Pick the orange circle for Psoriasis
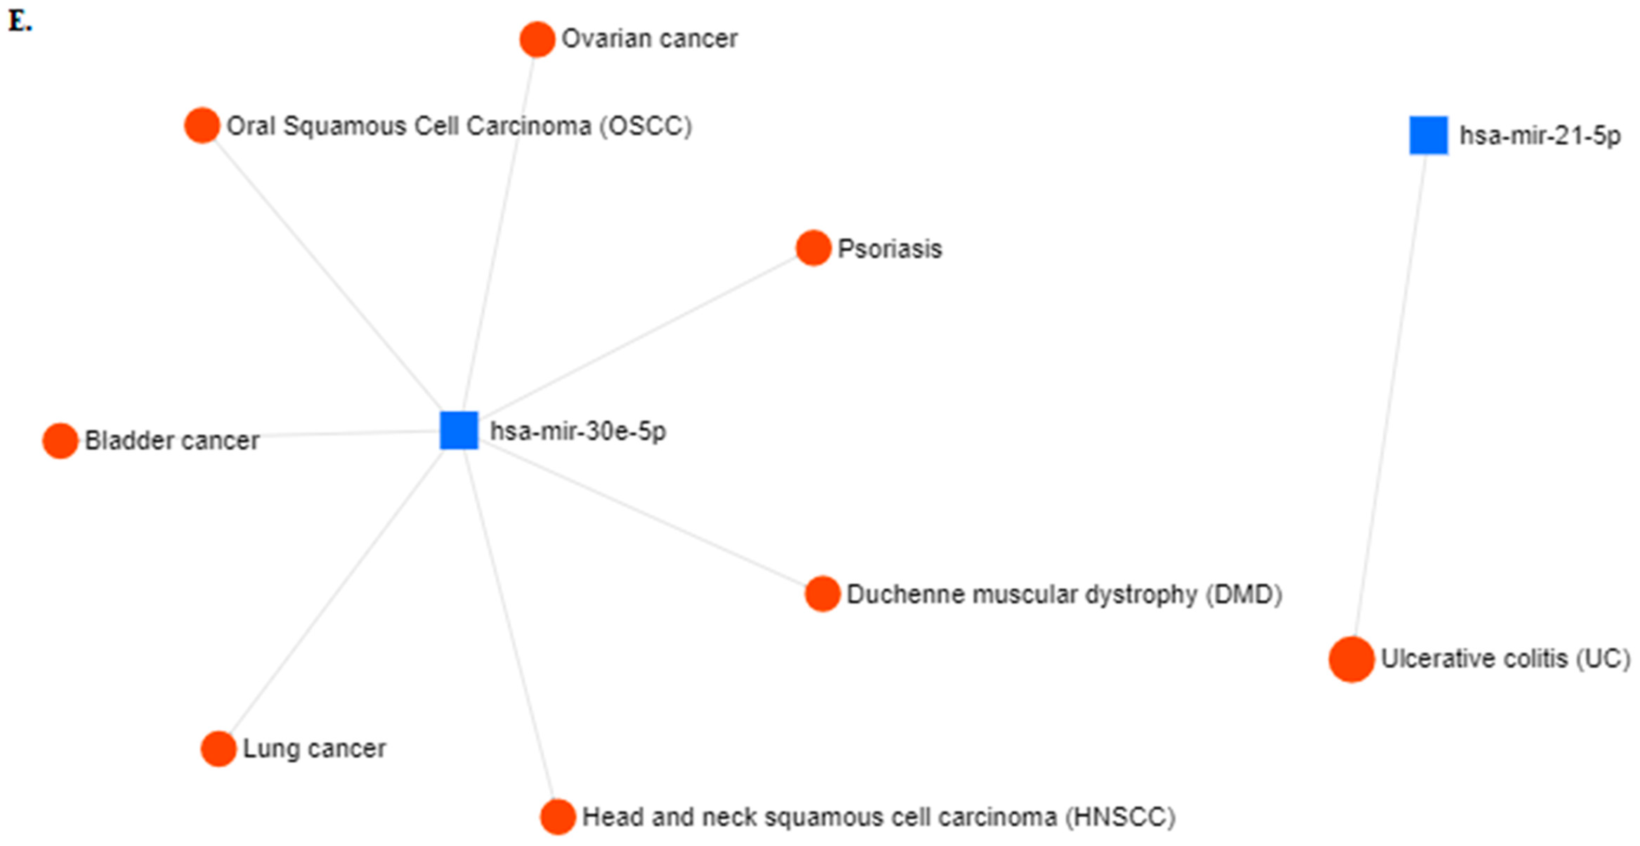click(x=813, y=248)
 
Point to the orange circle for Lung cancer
click(x=218, y=749)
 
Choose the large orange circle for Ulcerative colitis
click(x=1351, y=659)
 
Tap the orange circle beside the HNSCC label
click(x=558, y=817)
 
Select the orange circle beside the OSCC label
click(x=202, y=125)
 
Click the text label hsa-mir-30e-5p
click(x=577, y=432)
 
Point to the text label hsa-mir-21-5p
click(x=1540, y=136)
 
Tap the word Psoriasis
click(x=889, y=249)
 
